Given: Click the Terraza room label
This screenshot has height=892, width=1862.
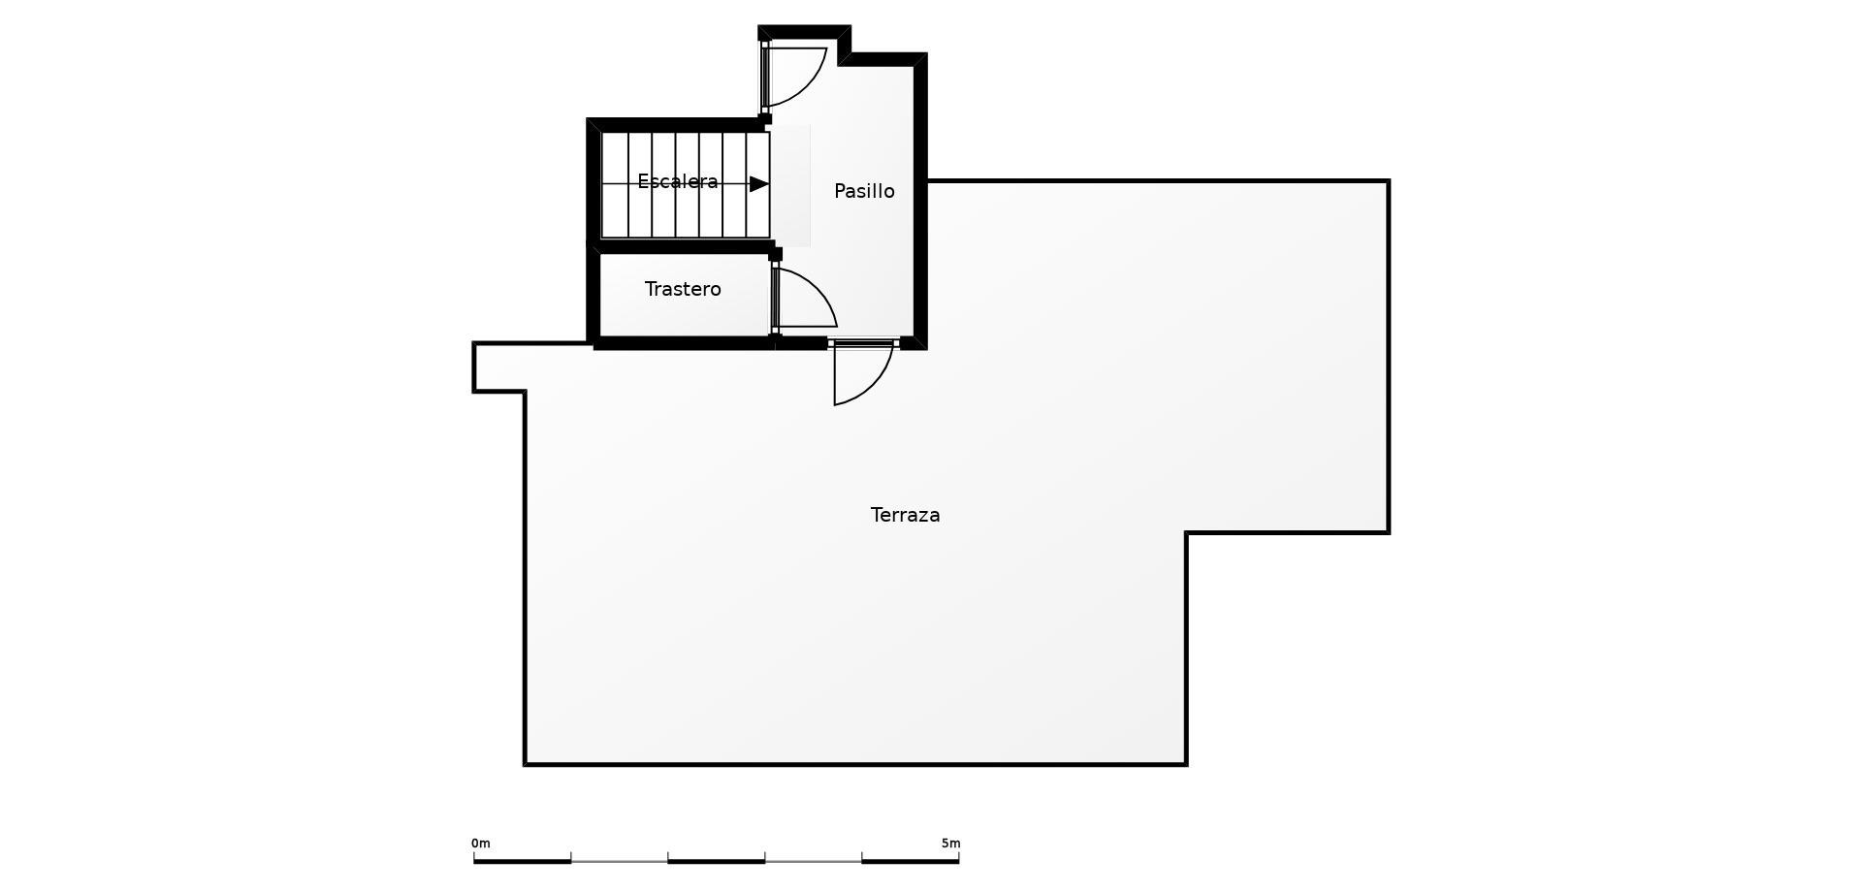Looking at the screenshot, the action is [x=905, y=515].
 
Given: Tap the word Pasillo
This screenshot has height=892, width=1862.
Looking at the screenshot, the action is [x=864, y=191].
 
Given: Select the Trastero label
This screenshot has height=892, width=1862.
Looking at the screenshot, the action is [x=683, y=289].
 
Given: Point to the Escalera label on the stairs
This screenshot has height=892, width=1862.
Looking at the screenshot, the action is [x=677, y=181].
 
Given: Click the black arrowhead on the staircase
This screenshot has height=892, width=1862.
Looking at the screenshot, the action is [x=759, y=184].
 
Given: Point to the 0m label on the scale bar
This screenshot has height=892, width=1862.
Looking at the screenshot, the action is [x=481, y=844].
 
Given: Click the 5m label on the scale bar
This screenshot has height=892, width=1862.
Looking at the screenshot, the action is [x=950, y=844].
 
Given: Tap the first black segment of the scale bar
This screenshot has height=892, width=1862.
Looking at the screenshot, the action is [x=522, y=861].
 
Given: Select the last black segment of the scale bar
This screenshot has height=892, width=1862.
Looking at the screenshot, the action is [x=911, y=861].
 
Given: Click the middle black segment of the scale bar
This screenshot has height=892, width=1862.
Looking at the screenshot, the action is [x=717, y=861].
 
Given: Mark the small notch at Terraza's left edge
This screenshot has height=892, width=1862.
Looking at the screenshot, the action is [x=498, y=367].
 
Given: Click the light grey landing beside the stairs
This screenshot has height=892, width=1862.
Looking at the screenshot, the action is [x=790, y=185].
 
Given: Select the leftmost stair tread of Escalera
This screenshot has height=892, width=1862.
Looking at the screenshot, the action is [x=615, y=185].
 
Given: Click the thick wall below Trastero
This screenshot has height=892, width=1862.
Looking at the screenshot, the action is [x=684, y=342].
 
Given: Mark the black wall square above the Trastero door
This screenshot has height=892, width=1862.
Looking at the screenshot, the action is [x=775, y=254].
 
